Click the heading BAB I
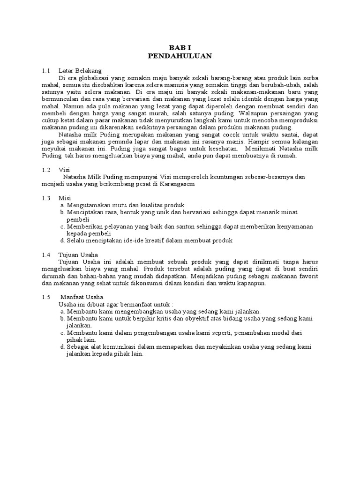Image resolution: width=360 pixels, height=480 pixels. click(180, 47)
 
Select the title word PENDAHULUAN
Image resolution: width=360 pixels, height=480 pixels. click(180, 56)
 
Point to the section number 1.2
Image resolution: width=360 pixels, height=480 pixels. click(45, 170)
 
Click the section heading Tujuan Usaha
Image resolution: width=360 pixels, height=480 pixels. click(78, 254)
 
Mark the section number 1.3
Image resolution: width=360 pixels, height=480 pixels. click(45, 198)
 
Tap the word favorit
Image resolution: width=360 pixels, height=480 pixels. click(305, 276)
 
